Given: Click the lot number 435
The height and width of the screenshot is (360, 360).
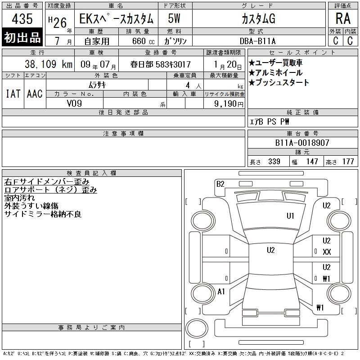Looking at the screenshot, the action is [22, 18].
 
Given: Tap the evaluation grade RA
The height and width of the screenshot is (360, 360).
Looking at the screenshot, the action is [343, 18].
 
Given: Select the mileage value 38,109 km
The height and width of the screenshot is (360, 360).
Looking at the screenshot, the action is [49, 64].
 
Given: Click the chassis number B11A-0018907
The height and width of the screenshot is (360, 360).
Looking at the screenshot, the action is [302, 143].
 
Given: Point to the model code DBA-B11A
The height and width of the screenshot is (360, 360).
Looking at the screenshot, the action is [257, 41].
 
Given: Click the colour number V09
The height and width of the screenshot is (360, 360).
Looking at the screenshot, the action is [74, 103].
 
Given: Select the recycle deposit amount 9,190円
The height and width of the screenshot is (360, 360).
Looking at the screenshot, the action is [229, 104].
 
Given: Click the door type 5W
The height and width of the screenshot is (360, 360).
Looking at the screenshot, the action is [174, 18].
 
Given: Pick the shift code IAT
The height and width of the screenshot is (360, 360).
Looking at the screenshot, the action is [13, 94].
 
